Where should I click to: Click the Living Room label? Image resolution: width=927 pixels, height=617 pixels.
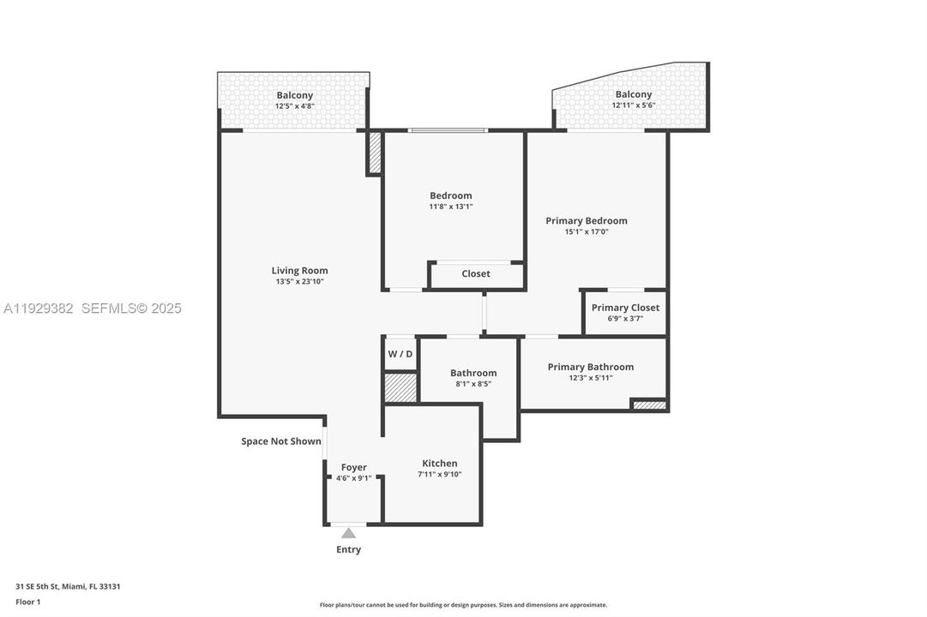click(x=299, y=271)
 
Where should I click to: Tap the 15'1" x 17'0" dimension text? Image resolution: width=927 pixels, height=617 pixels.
click(x=587, y=231)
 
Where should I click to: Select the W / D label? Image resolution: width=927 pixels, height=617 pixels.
click(x=400, y=354)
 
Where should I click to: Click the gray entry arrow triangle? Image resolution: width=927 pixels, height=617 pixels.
click(x=348, y=533)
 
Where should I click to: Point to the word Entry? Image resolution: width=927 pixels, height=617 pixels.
click(x=348, y=549)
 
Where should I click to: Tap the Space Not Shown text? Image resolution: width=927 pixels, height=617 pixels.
click(x=280, y=441)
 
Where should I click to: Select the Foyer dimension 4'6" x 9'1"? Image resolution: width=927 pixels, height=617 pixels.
click(x=353, y=478)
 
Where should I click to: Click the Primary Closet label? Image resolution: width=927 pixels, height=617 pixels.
click(x=625, y=308)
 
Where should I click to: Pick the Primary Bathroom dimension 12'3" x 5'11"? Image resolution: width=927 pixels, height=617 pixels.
click(x=591, y=378)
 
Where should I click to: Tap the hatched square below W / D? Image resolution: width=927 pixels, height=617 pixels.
click(x=400, y=387)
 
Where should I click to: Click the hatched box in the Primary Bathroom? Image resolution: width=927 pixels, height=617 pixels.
click(x=649, y=404)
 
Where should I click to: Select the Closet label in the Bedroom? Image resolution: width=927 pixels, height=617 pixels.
click(x=476, y=274)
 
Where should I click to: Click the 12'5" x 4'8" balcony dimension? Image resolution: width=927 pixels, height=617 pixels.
click(x=294, y=106)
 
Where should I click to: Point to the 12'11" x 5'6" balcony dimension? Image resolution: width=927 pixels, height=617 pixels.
click(x=633, y=105)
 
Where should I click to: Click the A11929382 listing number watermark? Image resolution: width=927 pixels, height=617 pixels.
click(x=38, y=308)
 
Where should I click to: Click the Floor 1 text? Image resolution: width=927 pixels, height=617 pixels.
click(x=27, y=602)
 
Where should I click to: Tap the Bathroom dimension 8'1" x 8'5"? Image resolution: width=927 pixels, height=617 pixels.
click(x=473, y=384)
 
